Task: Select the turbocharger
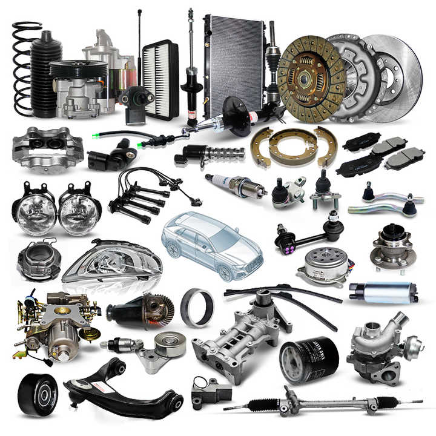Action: click(381, 345)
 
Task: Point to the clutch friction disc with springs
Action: click(311, 71)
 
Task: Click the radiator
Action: click(233, 64)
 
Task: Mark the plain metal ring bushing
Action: click(197, 307)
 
